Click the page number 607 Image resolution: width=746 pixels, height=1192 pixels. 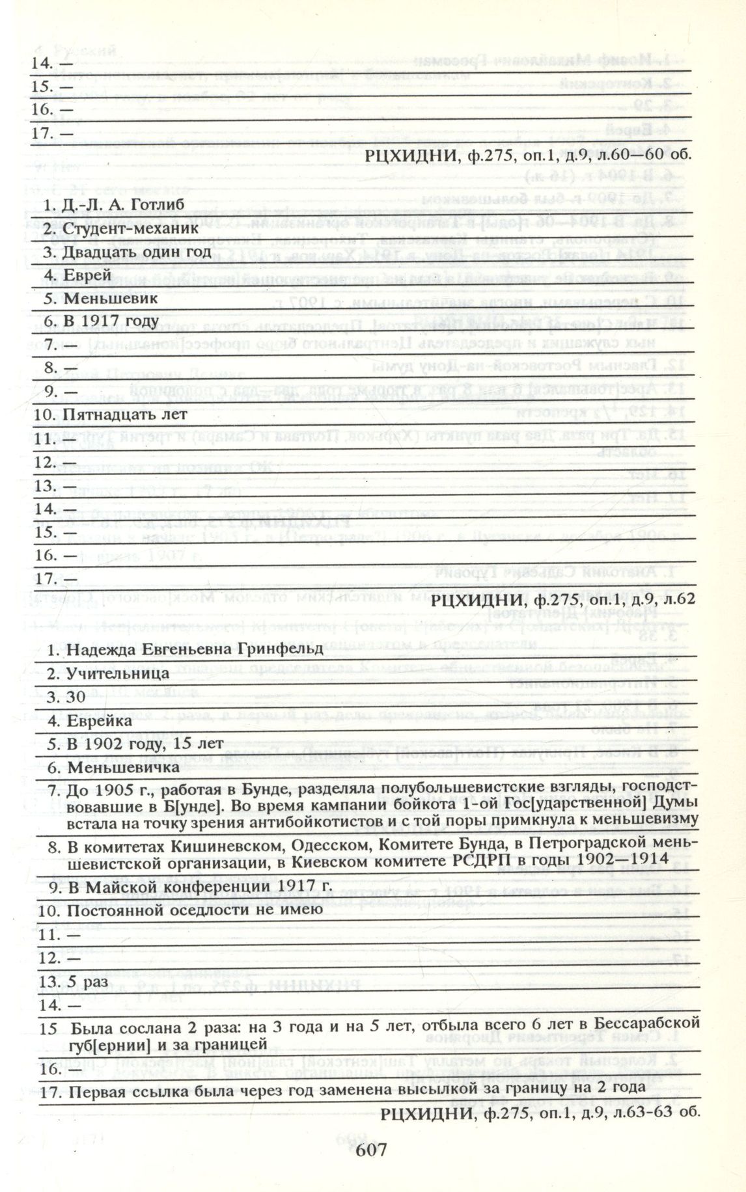372,1149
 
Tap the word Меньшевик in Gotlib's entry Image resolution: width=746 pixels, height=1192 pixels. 111,298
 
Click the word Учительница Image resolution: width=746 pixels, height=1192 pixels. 118,673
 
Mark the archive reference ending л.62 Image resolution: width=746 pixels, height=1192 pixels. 563,599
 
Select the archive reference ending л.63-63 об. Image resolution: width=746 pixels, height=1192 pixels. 540,1113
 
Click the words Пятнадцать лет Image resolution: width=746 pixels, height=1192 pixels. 124,414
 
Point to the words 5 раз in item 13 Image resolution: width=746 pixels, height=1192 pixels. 83,980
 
